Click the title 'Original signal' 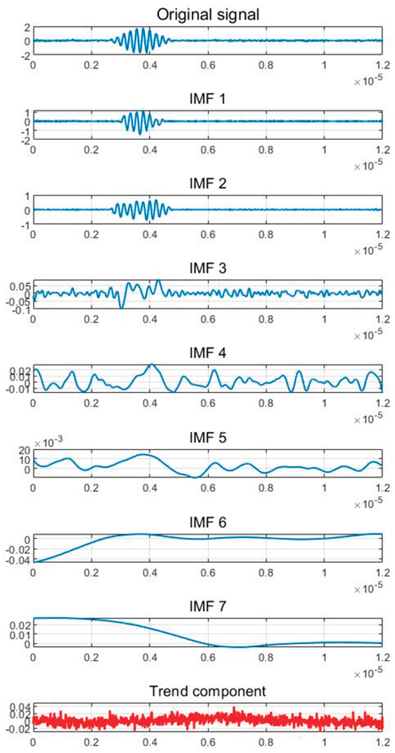[208, 14]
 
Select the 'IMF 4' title [208, 353]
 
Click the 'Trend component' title [208, 691]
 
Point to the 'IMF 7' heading [208, 606]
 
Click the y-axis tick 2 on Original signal [27, 28]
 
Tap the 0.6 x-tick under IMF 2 [208, 235]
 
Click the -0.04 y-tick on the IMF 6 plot [18, 560]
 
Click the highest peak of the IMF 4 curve [151, 365]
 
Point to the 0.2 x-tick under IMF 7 [91, 657]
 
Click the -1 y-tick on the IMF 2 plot [26, 225]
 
